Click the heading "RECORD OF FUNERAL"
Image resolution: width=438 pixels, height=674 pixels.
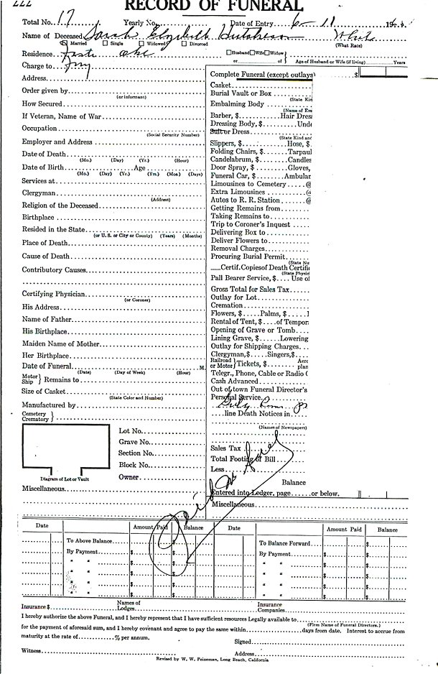(x=215, y=6)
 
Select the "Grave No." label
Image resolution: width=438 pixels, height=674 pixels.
(x=134, y=442)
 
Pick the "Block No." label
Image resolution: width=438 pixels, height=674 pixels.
(x=134, y=465)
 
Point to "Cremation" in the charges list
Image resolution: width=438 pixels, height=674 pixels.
(x=228, y=305)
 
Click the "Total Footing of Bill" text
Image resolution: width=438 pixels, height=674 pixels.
(x=244, y=458)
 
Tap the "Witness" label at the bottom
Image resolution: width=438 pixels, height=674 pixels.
(x=32, y=650)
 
